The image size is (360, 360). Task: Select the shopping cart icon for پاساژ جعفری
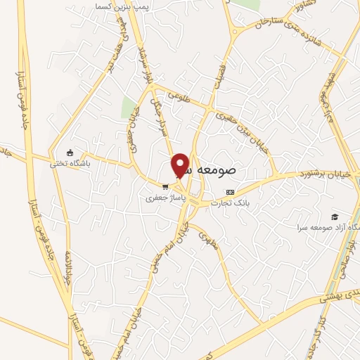165,187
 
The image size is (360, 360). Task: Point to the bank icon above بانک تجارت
230,191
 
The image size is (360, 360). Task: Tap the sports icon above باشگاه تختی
69,153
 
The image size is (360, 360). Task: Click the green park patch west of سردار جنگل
129,108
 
